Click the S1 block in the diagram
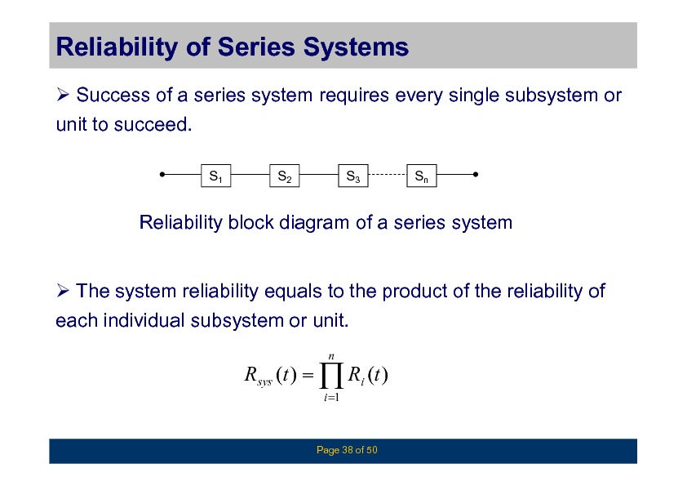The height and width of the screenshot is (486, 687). point(216,176)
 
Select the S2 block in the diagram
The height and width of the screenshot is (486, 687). point(285,176)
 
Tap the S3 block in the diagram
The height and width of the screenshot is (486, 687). point(353,176)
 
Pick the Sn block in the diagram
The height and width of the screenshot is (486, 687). point(422,176)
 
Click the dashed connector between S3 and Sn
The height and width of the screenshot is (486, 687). point(388,175)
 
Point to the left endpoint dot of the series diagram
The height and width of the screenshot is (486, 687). point(162,175)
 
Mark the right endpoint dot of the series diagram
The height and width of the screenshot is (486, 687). point(476,175)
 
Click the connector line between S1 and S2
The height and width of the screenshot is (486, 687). point(250,175)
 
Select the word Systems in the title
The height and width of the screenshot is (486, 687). point(356,47)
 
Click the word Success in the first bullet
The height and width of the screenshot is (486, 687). point(113,96)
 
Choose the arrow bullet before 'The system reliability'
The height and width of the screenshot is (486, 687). point(63,290)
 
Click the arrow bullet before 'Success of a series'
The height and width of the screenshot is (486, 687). point(63,94)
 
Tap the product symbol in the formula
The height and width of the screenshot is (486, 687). point(331,376)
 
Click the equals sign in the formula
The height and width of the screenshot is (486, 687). point(308,375)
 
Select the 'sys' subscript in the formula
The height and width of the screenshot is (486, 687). point(264,382)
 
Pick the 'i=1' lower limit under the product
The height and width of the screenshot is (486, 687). point(331,398)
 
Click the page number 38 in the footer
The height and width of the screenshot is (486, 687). point(348,450)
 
